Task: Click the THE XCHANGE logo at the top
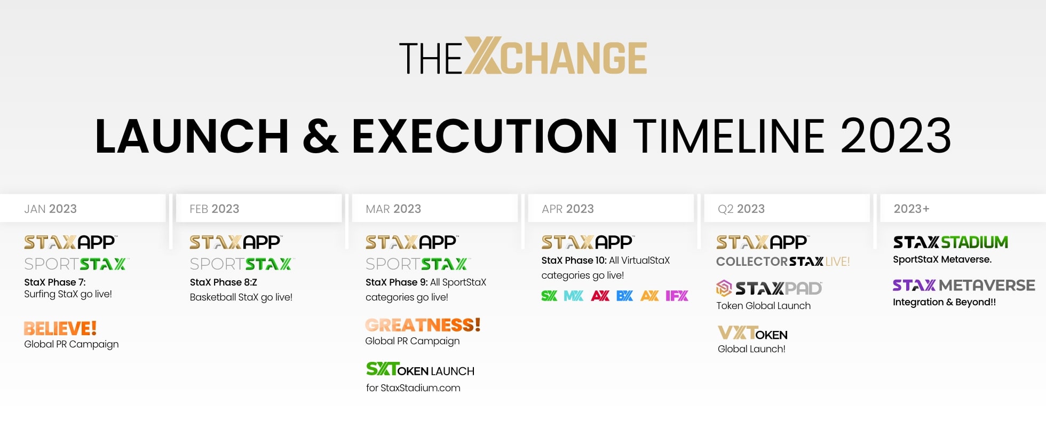pos(523,56)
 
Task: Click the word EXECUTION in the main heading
pos(485,136)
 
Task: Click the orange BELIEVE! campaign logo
pos(60,328)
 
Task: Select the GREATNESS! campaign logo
pos(423,325)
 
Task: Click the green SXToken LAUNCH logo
pos(420,369)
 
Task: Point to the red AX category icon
pos(600,296)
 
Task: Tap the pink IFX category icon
pos(677,296)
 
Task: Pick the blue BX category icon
pos(624,296)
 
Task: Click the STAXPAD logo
pos(769,288)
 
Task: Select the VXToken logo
pos(752,333)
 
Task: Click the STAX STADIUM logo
pos(950,242)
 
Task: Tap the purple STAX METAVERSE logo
pos(964,286)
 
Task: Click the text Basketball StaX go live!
pos(241,297)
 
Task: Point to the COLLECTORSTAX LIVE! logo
pos(783,262)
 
